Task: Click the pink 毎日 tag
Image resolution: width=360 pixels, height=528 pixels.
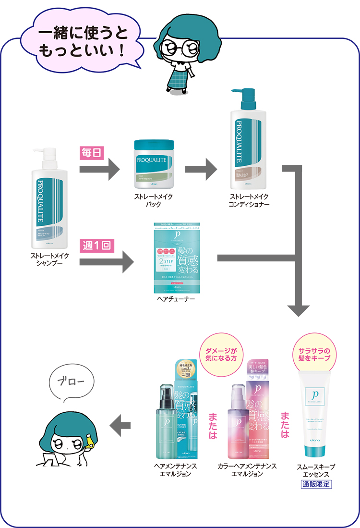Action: tap(91, 153)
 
